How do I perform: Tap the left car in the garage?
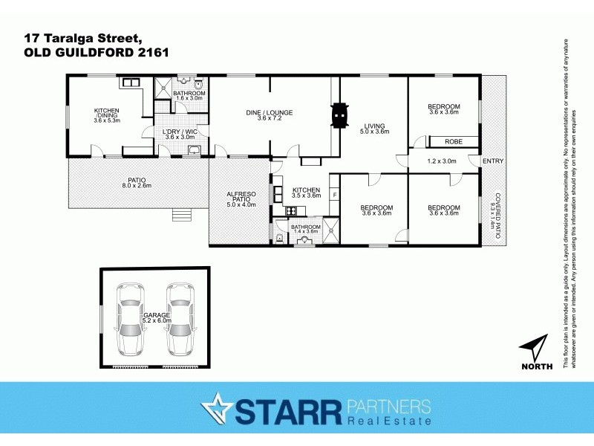click(x=131, y=320)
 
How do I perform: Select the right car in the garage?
click(x=180, y=320)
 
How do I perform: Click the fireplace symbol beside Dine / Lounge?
click(x=339, y=115)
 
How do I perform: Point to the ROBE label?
click(x=453, y=141)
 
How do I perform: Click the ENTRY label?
click(x=492, y=161)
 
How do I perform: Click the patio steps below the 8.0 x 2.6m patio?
click(x=181, y=216)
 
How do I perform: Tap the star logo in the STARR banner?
click(x=217, y=410)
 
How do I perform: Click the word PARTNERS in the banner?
click(x=388, y=406)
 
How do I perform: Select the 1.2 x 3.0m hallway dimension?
click(x=443, y=161)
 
